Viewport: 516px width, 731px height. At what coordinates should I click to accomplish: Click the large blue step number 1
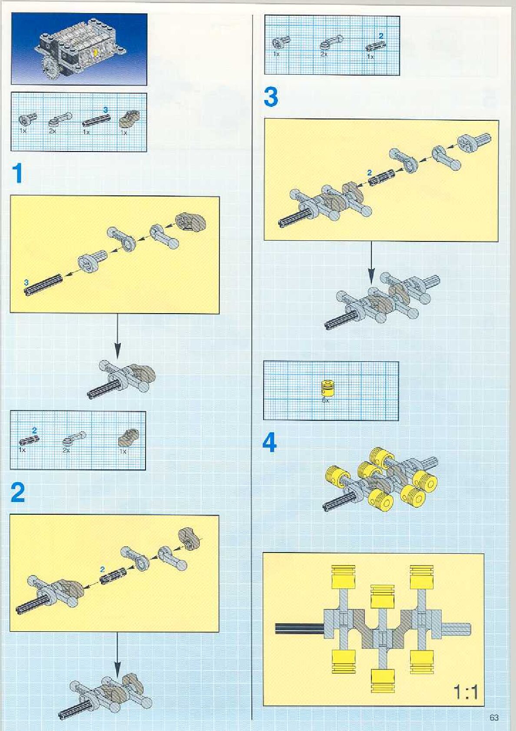point(17,173)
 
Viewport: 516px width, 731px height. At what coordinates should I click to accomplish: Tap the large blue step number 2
point(18,493)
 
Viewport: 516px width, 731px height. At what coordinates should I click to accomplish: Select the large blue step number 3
point(271,97)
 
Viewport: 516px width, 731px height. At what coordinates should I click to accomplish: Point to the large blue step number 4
point(270,443)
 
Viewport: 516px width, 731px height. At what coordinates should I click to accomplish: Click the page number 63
point(494,718)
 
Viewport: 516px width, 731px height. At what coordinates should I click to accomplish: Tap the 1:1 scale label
point(466,692)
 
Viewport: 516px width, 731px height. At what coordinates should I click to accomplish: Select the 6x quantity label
point(326,401)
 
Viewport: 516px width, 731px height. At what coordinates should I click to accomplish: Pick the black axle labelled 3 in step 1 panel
point(43,284)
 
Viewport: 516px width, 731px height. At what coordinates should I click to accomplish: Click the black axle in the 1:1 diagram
point(300,628)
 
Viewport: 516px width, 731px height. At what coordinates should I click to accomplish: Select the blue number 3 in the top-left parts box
point(105,110)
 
